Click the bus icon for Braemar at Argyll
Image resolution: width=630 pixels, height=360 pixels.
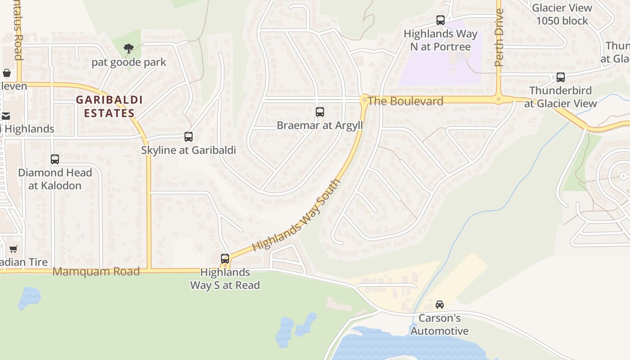coord(320,112)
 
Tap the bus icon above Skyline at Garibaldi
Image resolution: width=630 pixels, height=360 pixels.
coord(189,136)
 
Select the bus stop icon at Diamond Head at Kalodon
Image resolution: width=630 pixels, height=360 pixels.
coord(55,159)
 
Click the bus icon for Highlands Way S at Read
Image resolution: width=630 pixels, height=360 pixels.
coord(225,258)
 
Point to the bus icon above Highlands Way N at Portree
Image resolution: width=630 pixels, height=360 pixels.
coord(441,20)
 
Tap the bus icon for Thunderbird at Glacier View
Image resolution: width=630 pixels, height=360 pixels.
coord(561,77)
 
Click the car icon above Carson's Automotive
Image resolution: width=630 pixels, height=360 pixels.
coord(440,305)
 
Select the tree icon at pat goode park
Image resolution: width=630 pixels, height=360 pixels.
coord(129,48)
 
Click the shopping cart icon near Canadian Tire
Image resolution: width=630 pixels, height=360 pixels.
coord(13,249)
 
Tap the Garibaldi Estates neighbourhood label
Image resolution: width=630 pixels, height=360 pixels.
coord(109,106)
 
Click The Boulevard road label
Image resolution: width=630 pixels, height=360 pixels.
coord(405,101)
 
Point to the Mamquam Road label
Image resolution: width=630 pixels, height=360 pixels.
coord(96,271)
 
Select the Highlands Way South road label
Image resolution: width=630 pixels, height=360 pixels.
coord(297,216)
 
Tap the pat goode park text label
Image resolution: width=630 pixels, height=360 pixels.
coord(129,62)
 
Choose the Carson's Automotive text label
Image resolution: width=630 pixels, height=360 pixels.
coord(440,325)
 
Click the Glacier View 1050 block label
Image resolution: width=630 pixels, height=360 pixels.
coord(562,14)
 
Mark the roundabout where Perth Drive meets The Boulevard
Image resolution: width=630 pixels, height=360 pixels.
coord(499,99)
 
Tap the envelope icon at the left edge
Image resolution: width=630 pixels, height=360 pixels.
coord(6,116)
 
